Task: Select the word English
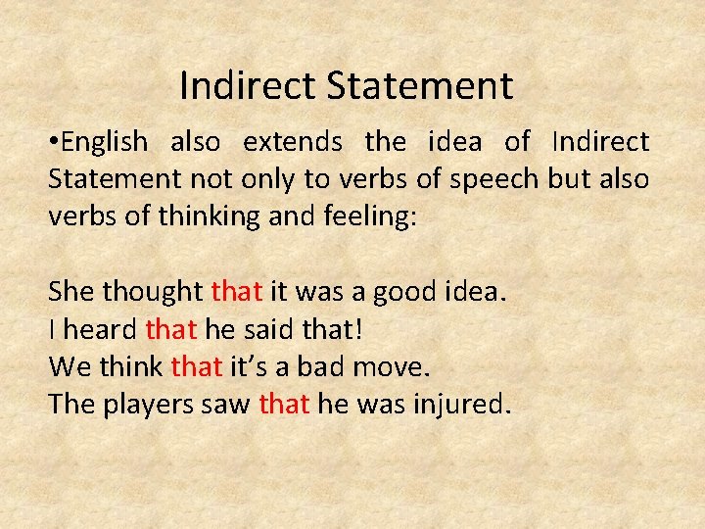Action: click(x=104, y=143)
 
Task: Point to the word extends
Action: click(x=293, y=142)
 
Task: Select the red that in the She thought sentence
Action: click(x=235, y=292)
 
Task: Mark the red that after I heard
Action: click(x=169, y=329)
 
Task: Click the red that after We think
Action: click(x=197, y=366)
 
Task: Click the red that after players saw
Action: click(x=285, y=404)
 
